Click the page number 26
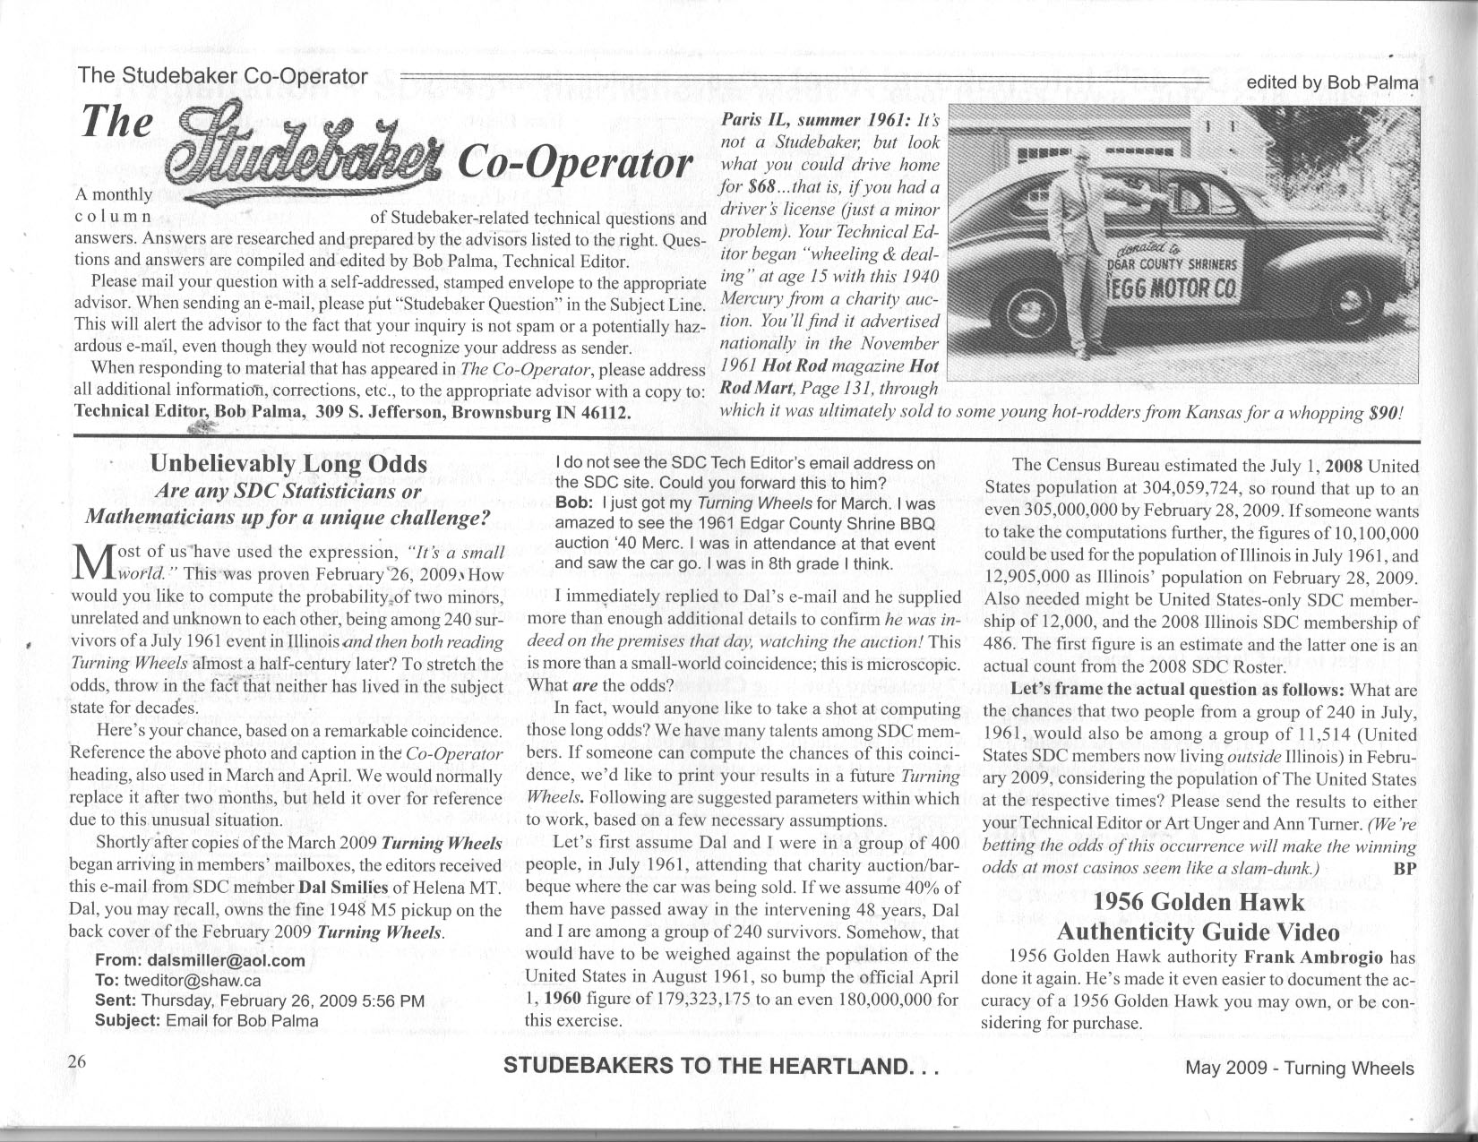pyautogui.click(x=75, y=1062)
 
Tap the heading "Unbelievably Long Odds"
pyautogui.click(x=288, y=464)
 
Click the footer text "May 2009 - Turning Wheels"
pyautogui.click(x=1299, y=1068)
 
